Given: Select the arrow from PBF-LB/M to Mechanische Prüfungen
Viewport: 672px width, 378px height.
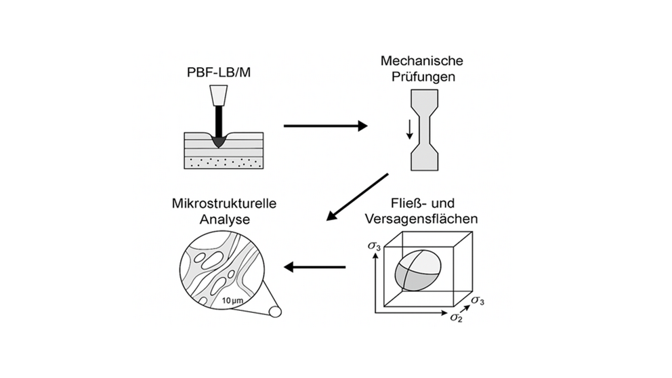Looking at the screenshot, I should pyautogui.click(x=324, y=125).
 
